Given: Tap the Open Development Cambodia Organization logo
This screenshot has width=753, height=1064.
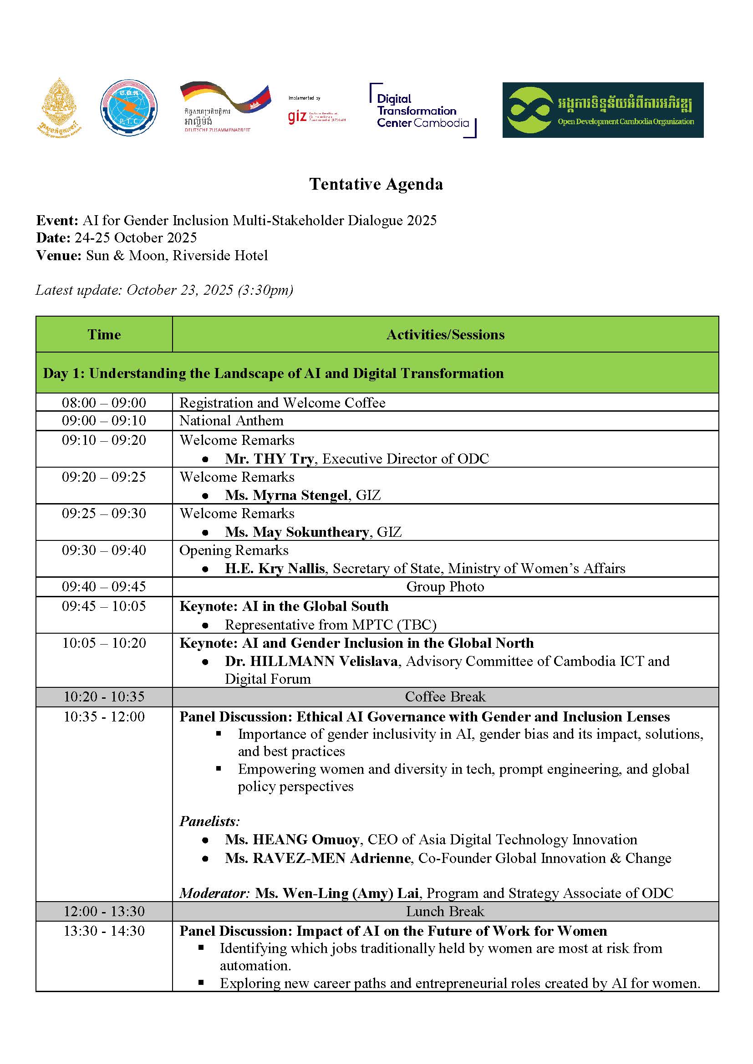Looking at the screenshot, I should pyautogui.click(x=603, y=110).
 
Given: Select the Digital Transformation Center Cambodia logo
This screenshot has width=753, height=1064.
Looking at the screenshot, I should pyautogui.click(x=422, y=111).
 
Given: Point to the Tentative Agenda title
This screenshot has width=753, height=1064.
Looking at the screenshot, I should pyautogui.click(x=376, y=184).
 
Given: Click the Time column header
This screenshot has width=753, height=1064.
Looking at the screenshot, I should pyautogui.click(x=104, y=335).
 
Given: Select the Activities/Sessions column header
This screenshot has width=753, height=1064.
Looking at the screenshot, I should pyautogui.click(x=445, y=335).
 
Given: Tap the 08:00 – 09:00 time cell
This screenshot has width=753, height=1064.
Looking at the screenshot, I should pyautogui.click(x=104, y=403).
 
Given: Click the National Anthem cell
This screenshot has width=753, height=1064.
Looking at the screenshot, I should pyautogui.click(x=231, y=421).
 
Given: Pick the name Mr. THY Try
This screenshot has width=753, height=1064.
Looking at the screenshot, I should pyautogui.click(x=270, y=459).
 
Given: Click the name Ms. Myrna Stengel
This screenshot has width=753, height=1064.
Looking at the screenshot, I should pyautogui.click(x=286, y=495).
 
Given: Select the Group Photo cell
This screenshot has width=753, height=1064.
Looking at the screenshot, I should pyautogui.click(x=445, y=587).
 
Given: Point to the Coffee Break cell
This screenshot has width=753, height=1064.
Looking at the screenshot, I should pyautogui.click(x=445, y=697).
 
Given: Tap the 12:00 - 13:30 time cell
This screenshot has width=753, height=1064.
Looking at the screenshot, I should pyautogui.click(x=104, y=912).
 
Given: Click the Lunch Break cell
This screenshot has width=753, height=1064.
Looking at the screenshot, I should pyautogui.click(x=445, y=912).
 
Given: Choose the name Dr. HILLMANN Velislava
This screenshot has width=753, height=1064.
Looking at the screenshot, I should pyautogui.click(x=311, y=661).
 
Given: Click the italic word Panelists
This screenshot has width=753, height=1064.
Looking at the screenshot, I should pyautogui.click(x=209, y=822).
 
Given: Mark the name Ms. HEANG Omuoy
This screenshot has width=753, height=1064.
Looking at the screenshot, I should pyautogui.click(x=292, y=840).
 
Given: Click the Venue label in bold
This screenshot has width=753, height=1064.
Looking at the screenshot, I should pyautogui.click(x=59, y=256).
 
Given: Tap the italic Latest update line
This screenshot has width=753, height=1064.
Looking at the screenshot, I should pyautogui.click(x=165, y=290).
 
